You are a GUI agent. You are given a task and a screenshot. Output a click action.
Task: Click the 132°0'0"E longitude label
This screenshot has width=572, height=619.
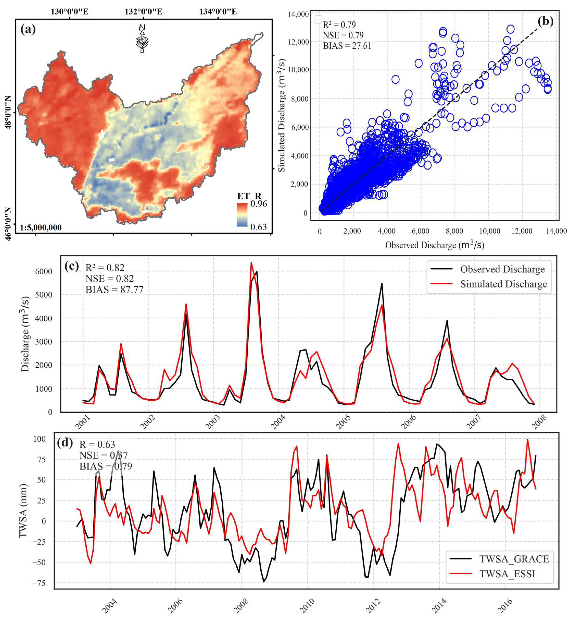pyautogui.click(x=143, y=12)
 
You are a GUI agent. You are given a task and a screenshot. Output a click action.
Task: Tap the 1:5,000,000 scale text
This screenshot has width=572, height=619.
pyautogui.click(x=41, y=228)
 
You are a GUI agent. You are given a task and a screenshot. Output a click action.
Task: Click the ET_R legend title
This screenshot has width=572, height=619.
pyautogui.click(x=249, y=196)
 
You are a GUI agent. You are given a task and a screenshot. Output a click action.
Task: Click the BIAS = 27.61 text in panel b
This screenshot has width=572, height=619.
pyautogui.click(x=347, y=46)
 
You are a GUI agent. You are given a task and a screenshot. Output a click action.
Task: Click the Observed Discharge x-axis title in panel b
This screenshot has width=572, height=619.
pyautogui.click(x=435, y=245)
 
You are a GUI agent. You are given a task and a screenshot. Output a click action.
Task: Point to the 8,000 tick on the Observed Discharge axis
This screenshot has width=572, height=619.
pyautogui.click(x=454, y=231)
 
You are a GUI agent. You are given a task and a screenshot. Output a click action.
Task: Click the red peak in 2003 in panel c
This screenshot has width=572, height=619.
pyautogui.click(x=251, y=263)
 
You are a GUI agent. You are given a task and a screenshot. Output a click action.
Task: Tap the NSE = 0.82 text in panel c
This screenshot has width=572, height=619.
pyautogui.click(x=110, y=278)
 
